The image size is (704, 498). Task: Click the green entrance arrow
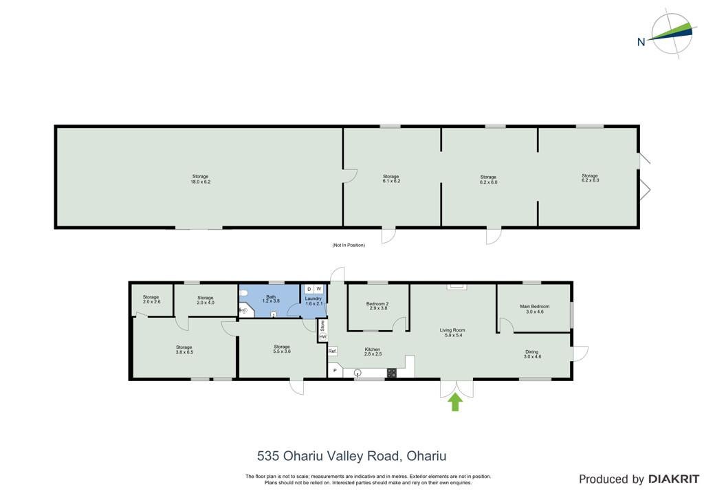pyautogui.click(x=455, y=402)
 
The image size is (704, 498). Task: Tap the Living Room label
pyautogui.click(x=452, y=333)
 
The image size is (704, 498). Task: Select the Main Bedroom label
pyautogui.click(x=534, y=309)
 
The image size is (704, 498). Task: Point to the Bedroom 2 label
pyautogui.click(x=377, y=306)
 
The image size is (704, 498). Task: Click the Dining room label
pyautogui.click(x=532, y=354)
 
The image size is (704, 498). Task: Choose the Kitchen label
pyautogui.click(x=373, y=351)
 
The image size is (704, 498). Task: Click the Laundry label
pyautogui.click(x=313, y=301)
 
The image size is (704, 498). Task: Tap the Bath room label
pyautogui.click(x=271, y=299)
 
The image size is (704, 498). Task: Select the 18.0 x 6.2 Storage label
pyautogui.click(x=200, y=179)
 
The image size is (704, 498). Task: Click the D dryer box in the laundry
pyautogui.click(x=309, y=289)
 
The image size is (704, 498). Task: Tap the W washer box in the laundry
pyautogui.click(x=319, y=289)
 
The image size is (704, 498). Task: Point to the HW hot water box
pyautogui.click(x=322, y=337)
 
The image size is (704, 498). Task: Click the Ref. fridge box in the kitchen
pyautogui.click(x=332, y=351)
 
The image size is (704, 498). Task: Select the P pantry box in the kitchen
pyautogui.click(x=335, y=371)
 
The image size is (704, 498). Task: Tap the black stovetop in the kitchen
pyautogui.click(x=391, y=373)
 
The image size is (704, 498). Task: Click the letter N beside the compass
pyautogui.click(x=641, y=42)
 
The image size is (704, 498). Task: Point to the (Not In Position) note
pyautogui.click(x=349, y=245)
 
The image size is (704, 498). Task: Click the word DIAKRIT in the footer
pyautogui.click(x=674, y=479)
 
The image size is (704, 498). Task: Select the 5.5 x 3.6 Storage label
pyautogui.click(x=282, y=349)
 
